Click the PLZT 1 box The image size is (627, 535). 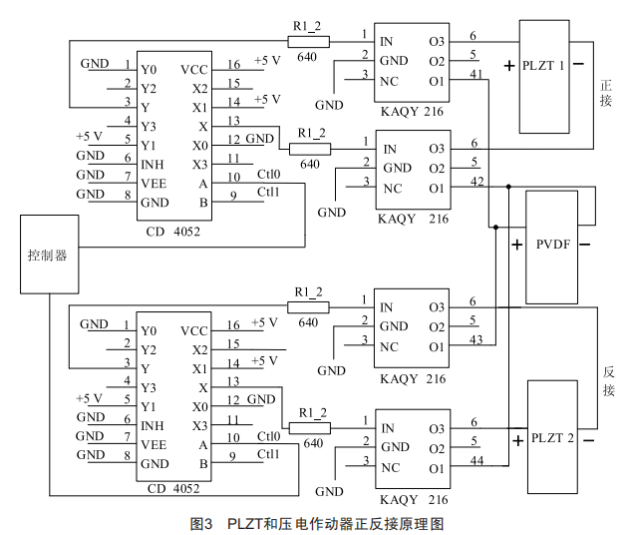pos(548,75)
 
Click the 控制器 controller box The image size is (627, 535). pos(46,255)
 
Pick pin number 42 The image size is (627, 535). pos(475,182)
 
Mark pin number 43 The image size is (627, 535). pos(475,340)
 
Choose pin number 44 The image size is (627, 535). pos(475,462)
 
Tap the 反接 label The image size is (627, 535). pos(608,380)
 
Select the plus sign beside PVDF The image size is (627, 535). pos(516,245)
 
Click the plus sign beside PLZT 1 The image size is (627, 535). pos(509,67)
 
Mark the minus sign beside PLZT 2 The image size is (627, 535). pos(590,439)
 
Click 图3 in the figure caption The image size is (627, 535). pos(202,522)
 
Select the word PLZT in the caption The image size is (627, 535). pos(244,522)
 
